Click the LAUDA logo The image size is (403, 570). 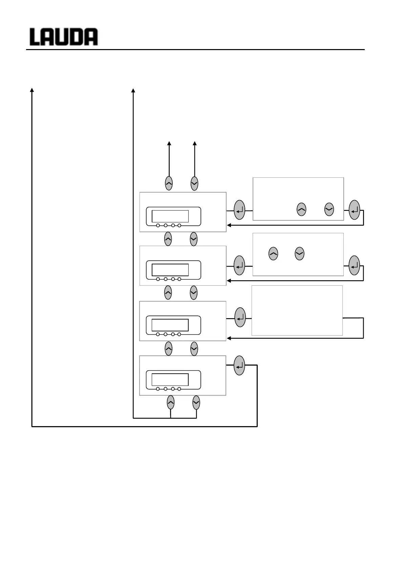click(x=64, y=37)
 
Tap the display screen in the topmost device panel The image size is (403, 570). click(x=170, y=216)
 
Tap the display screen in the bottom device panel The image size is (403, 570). click(x=170, y=379)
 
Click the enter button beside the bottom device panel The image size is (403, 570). click(x=239, y=366)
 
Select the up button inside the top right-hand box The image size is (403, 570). click(x=301, y=210)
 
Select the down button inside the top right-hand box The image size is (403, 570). click(x=329, y=210)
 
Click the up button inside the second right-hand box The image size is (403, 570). click(x=273, y=254)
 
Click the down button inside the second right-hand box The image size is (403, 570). click(x=299, y=254)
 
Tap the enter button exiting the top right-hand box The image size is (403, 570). click(x=354, y=210)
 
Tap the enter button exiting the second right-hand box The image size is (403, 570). click(x=354, y=266)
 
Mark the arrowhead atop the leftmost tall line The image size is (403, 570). click(x=32, y=90)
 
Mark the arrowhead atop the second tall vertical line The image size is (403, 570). click(x=133, y=90)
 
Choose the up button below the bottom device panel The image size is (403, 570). click(x=171, y=402)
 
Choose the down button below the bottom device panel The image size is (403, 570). click(x=196, y=402)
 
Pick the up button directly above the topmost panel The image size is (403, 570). click(x=169, y=183)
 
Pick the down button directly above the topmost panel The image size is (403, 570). click(x=194, y=183)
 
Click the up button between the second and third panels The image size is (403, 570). click(x=168, y=292)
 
